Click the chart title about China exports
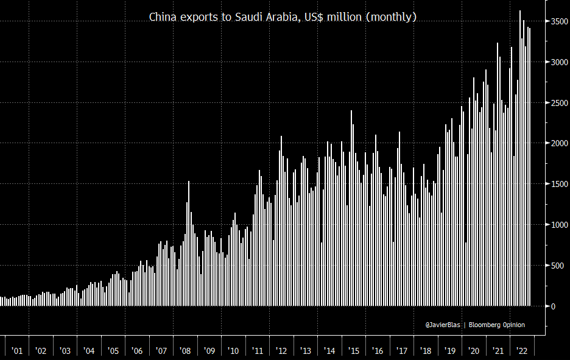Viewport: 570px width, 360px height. click(x=283, y=17)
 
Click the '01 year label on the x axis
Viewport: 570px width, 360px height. click(x=17, y=351)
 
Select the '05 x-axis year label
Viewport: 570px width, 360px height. click(x=113, y=351)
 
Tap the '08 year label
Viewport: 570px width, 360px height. click(x=185, y=351)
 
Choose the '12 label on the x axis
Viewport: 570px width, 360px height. click(x=281, y=351)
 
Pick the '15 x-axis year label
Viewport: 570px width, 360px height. click(x=353, y=351)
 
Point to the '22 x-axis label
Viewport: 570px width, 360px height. click(x=522, y=351)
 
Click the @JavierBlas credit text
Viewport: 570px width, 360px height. click(x=443, y=325)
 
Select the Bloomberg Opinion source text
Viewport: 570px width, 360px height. click(x=497, y=325)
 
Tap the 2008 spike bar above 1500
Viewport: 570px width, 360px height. click(x=189, y=244)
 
